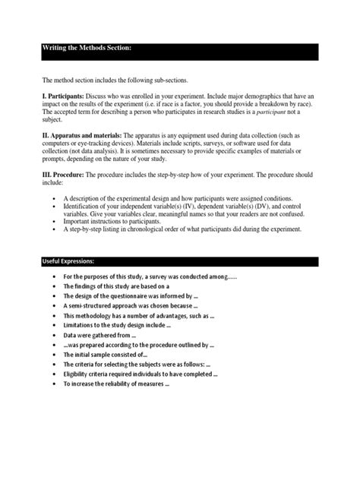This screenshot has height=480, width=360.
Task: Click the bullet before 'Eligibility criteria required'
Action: point(51,374)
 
